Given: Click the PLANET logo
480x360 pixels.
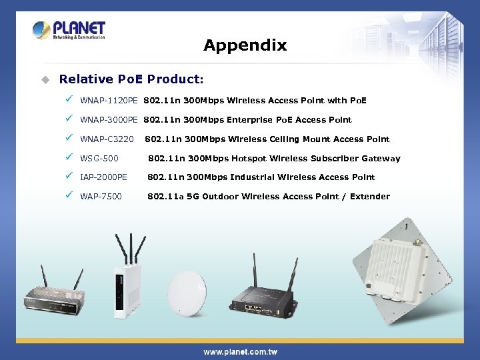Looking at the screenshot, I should pos(69,31).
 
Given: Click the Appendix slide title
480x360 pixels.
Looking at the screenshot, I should pos(245,45).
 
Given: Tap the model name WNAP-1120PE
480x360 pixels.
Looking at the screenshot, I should pos(109,101).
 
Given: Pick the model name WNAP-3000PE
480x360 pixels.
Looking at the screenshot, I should pos(109,121).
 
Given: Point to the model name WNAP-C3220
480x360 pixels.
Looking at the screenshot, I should pos(107,140).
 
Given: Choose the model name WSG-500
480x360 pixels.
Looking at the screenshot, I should pos(99,159).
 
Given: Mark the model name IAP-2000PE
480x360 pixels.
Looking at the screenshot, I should pos(103,177).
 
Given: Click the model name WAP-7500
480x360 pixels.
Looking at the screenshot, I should pos(101,197).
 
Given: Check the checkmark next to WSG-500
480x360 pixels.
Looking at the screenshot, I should pos(69,158).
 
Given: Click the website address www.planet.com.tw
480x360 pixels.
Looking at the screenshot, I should pos(240,351).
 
